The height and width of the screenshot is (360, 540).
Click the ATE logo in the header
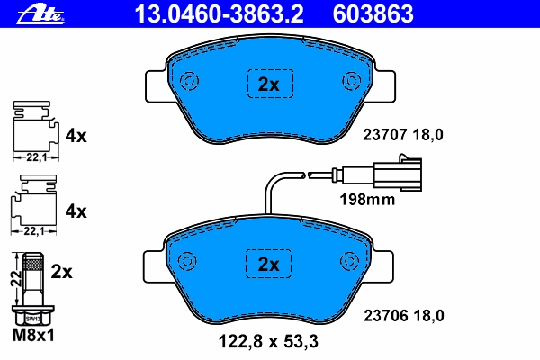pos(40,14)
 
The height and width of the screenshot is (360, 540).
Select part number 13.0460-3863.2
pos(219,13)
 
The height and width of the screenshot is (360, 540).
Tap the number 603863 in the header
pos(373,13)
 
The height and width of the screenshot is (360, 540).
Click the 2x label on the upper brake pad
pos(268,84)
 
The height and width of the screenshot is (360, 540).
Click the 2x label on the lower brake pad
pos(268,265)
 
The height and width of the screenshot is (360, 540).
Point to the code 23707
pos(385,135)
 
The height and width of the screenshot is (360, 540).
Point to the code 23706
pos(386,316)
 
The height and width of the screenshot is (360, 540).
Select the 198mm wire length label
pos(367,200)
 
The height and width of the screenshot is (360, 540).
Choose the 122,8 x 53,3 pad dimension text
pos(268,341)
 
